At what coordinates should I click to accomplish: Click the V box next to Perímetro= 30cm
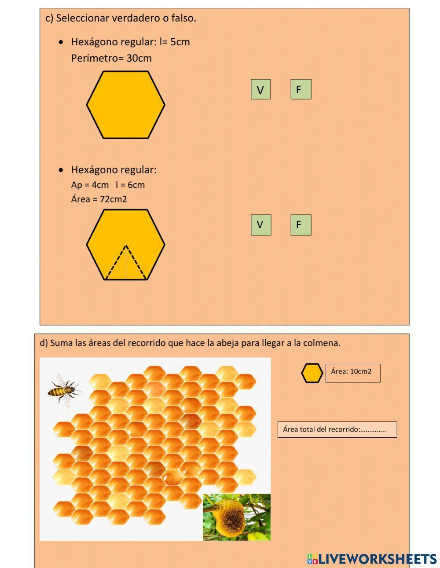[260, 89]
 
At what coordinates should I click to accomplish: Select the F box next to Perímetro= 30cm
[301, 89]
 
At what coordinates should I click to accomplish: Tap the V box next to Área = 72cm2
[260, 225]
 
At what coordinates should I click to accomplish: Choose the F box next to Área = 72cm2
[301, 225]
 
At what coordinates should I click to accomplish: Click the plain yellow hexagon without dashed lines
[125, 105]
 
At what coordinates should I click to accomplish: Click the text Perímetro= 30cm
[111, 58]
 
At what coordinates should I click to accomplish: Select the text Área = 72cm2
[99, 199]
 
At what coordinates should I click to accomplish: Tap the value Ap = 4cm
[89, 185]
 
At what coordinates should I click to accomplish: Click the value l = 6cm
[130, 185]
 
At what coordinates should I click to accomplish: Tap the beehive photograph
[237, 517]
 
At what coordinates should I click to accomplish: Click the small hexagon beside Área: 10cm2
[312, 373]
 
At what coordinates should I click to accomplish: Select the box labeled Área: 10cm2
[352, 373]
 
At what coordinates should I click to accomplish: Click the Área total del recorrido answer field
[337, 429]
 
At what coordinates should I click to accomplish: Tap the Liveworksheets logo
[372, 559]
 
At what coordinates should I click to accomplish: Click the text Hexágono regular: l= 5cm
[130, 42]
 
